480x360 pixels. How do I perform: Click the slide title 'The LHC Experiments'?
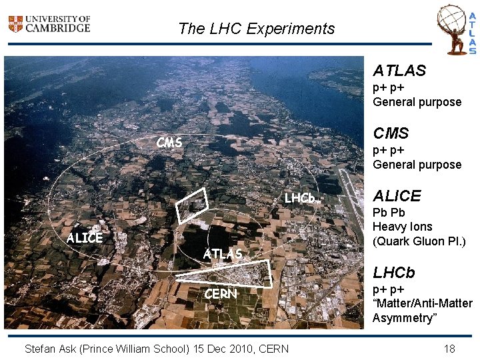click(257, 29)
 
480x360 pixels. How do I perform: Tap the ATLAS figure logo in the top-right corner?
click(457, 29)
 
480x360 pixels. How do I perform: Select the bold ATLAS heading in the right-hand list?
click(399, 70)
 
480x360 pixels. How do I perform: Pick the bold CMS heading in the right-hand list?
click(391, 133)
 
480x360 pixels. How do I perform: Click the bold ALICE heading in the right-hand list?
click(397, 196)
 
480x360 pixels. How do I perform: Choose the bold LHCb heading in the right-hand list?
click(393, 272)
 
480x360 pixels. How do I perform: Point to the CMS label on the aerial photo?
click(169, 142)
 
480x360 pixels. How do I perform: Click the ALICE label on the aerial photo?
click(85, 238)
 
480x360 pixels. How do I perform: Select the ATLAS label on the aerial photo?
click(223, 254)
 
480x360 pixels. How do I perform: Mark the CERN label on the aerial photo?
click(220, 293)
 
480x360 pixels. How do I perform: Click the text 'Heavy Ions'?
click(402, 227)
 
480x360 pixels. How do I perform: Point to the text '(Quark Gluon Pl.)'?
click(418, 241)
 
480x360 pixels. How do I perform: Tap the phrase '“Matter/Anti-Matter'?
click(422, 304)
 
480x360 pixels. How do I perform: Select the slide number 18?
click(449, 348)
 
